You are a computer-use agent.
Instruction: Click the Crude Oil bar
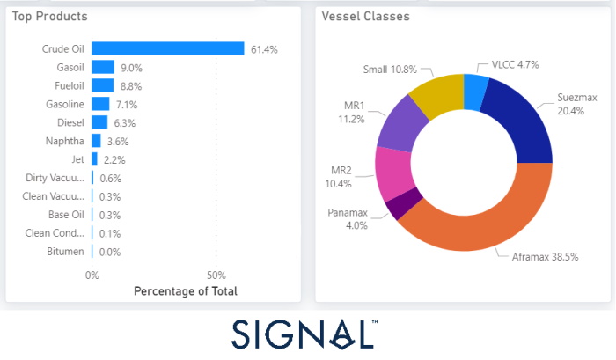(x=167, y=49)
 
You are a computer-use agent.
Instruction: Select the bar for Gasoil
(x=103, y=67)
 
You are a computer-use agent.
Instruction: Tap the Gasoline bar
(x=100, y=104)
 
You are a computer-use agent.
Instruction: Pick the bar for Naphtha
(x=96, y=141)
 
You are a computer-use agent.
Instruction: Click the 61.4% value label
(x=264, y=50)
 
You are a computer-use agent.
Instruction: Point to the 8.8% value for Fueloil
(x=129, y=86)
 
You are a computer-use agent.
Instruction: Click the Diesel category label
(x=70, y=122)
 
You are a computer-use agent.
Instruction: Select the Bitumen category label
(x=66, y=252)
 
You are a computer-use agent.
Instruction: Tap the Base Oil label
(x=66, y=215)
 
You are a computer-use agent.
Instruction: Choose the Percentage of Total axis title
(x=185, y=291)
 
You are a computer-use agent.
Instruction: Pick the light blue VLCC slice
(x=475, y=89)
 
